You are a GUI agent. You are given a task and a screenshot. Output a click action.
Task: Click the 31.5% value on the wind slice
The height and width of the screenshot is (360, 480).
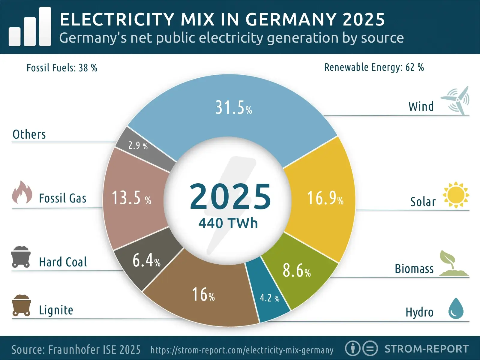233,108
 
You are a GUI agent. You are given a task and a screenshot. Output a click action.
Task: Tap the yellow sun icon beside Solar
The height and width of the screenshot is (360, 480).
456,195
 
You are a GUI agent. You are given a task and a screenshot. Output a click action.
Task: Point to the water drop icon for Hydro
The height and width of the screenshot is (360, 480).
456,308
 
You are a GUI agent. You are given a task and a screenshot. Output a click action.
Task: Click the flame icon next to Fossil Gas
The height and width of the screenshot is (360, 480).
22,193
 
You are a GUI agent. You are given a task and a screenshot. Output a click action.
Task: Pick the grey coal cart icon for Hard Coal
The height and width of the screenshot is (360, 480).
21,257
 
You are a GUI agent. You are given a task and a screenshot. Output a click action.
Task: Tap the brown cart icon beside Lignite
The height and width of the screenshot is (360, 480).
21,305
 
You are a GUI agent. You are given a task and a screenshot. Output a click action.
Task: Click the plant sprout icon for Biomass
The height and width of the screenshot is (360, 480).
453,264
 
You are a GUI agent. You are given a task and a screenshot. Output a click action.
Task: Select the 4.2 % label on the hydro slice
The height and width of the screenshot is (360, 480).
269,298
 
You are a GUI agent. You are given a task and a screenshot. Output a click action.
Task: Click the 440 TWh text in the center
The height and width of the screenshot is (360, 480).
228,223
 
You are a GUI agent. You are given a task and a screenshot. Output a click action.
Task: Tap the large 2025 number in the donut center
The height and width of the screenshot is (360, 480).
230,197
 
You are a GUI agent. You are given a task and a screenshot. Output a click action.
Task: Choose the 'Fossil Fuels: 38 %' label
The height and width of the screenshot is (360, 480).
62,68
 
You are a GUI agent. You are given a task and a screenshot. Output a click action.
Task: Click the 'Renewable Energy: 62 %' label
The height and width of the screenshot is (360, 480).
374,67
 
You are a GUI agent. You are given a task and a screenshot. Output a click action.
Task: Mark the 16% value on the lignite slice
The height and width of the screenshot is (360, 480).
203,295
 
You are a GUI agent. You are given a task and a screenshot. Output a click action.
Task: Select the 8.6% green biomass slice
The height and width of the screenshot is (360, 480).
296,271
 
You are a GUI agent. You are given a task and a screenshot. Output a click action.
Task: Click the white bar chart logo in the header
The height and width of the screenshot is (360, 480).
30,27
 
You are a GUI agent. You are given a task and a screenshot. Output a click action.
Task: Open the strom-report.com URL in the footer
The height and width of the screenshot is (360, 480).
242,350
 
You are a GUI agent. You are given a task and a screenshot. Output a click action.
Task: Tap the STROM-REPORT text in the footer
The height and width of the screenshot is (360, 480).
426,349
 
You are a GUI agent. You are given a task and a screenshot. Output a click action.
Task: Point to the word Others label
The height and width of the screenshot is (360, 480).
29,134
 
